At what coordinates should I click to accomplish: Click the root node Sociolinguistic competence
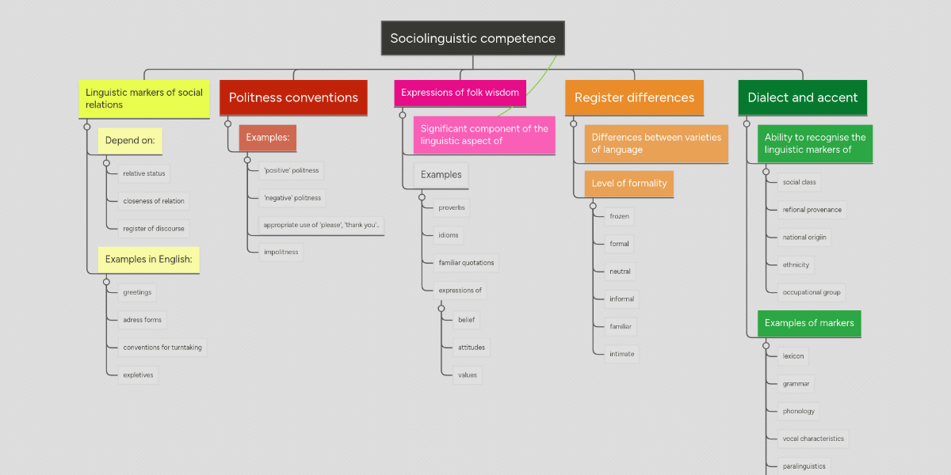pos(472,38)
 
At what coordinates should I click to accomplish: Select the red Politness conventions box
pos(293,97)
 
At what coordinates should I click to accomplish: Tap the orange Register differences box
pos(634,97)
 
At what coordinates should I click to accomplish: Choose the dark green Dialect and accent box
pos(802,97)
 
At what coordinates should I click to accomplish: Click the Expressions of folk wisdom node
pos(460,93)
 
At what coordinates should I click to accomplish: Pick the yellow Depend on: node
pos(130,142)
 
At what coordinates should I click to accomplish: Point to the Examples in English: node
pos(148,259)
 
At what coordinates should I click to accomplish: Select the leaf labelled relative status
pos(144,173)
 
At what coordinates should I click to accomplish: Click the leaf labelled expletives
pos(138,374)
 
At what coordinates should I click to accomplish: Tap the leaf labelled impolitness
pos(281,253)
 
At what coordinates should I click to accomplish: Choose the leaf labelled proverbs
pos(452,208)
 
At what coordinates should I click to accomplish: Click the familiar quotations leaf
pos(466,263)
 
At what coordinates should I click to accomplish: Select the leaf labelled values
pos(468,374)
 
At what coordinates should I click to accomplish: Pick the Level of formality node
pos(629,184)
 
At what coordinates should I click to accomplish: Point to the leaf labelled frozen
pos(619,216)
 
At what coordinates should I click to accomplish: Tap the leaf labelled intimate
pos(621,354)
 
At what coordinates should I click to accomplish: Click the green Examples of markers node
pos(809,323)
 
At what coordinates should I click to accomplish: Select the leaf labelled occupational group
pos(812,292)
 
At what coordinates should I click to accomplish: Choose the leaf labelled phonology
pos(798,411)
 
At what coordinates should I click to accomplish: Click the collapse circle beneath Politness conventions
pos(227,123)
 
